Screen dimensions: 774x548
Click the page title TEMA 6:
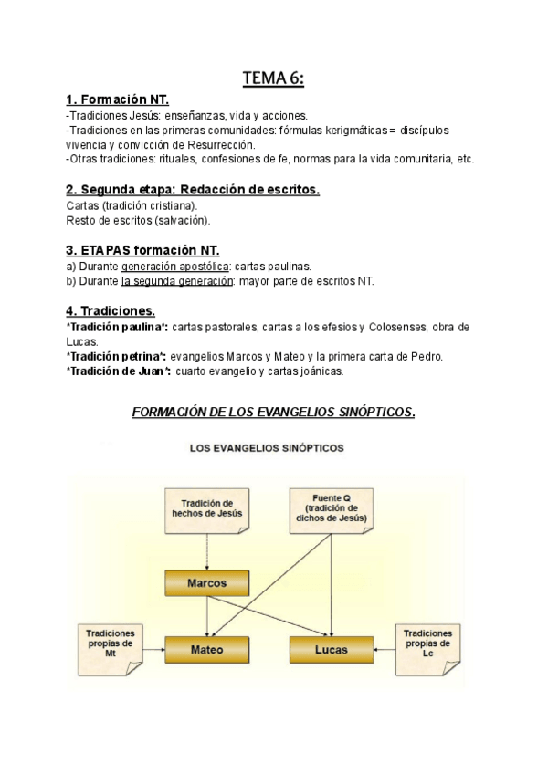click(x=273, y=79)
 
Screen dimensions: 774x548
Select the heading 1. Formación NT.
click(x=117, y=100)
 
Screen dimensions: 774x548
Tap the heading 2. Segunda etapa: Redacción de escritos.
click(x=193, y=190)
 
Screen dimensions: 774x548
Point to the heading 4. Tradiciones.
click(x=111, y=310)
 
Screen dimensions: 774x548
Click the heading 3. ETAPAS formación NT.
click(x=142, y=250)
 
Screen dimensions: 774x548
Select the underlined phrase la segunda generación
click(x=178, y=281)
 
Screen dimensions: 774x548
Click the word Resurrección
click(x=219, y=145)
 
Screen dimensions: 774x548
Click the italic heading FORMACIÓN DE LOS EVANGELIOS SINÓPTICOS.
click(x=274, y=412)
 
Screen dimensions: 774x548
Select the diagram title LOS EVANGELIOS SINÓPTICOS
click(x=273, y=448)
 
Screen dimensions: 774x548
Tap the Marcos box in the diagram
click(x=208, y=581)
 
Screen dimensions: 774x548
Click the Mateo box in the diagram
click(x=207, y=650)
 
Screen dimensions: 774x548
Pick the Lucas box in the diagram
click(x=332, y=650)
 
